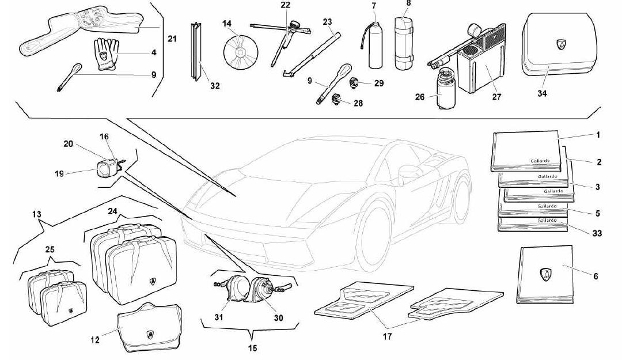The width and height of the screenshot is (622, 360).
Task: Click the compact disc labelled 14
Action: (x=240, y=52)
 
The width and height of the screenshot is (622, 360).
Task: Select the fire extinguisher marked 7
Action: (x=373, y=44)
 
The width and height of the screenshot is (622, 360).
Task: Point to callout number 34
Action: (x=542, y=93)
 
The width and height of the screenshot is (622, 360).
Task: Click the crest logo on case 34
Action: (x=562, y=45)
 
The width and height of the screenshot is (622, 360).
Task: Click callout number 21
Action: (x=172, y=39)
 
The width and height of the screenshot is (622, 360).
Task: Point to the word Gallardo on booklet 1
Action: (x=540, y=161)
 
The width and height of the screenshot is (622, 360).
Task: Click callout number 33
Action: (x=597, y=233)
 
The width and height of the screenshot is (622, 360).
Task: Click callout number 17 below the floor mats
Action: (x=387, y=336)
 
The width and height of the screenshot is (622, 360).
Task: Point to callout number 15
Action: (x=252, y=348)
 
